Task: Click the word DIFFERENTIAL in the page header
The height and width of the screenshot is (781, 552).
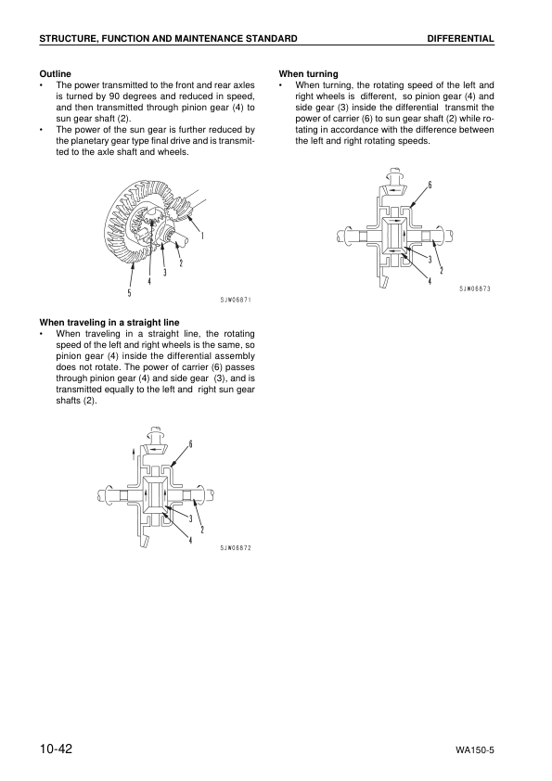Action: pos(460,38)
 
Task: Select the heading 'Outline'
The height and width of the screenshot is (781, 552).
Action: pos(55,73)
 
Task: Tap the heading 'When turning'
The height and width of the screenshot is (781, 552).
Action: pos(308,73)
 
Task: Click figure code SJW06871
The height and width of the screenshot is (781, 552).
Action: pos(236,300)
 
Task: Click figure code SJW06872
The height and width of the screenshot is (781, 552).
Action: pos(236,547)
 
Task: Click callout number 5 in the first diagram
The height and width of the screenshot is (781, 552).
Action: pos(130,293)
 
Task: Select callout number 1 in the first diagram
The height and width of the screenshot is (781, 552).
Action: pos(202,235)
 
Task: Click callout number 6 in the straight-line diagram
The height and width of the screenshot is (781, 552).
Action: pos(191,442)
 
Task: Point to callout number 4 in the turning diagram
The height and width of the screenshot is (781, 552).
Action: pos(429,281)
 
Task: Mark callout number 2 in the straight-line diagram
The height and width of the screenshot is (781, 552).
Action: pos(201,529)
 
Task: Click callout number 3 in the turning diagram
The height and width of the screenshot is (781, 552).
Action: pos(430,259)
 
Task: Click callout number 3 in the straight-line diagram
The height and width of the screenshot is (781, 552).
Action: pos(190,518)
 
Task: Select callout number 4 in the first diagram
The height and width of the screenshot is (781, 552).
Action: pos(148,281)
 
